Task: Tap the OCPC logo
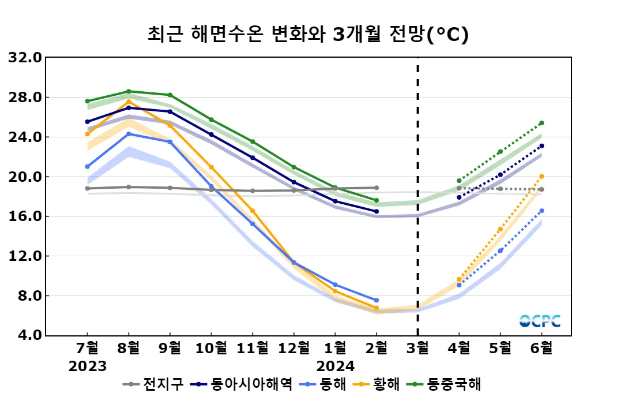540,321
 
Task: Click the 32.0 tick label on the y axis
25,58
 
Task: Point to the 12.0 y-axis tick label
25,256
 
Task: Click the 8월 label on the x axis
129,349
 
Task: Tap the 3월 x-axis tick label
417,349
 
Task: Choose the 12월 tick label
294,349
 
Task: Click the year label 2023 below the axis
88,366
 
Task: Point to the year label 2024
335,366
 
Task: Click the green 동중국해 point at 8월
129,91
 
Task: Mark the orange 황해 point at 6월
541,177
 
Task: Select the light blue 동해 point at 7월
88,167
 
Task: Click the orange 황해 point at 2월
377,308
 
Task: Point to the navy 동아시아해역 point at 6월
541,146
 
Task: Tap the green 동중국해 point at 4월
459,181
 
